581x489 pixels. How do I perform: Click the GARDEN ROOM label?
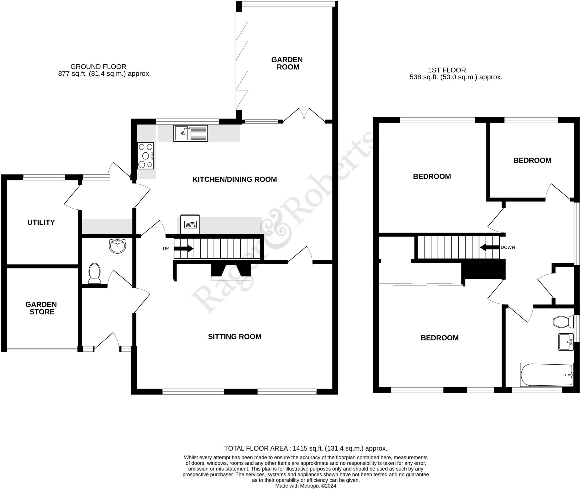(287, 63)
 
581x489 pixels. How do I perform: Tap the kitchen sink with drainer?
(190, 133)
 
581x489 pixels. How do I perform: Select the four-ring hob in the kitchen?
(146, 156)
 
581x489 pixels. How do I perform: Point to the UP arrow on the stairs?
(183, 249)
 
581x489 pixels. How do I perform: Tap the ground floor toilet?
(94, 273)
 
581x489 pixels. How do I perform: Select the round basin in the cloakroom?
(117, 246)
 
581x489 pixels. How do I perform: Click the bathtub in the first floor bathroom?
(546, 375)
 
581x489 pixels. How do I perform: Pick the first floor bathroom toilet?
(563, 322)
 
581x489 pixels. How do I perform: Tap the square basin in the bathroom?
(566, 342)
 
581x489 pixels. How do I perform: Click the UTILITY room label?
(41, 222)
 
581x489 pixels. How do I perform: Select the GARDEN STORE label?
(41, 308)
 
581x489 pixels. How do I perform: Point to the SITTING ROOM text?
(234, 337)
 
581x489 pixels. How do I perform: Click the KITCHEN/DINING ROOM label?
(234, 179)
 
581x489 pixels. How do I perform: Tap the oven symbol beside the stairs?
(190, 224)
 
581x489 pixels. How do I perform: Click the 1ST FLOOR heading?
(447, 70)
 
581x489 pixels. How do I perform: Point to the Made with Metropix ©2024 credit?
(306, 486)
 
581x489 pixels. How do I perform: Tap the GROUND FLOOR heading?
(98, 67)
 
